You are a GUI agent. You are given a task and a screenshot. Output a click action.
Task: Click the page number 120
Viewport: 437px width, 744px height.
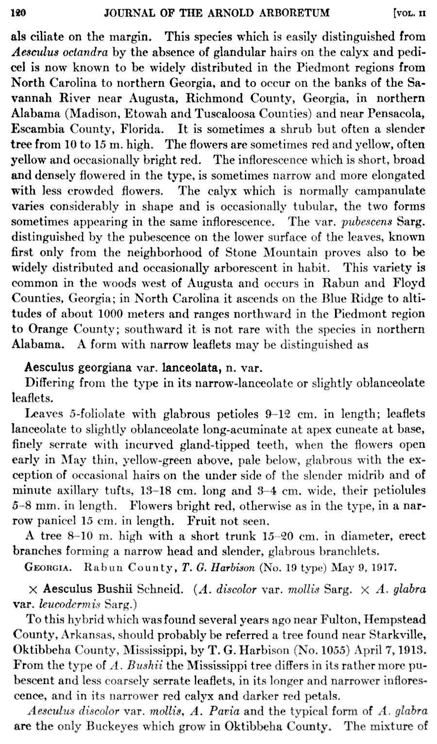18,15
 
